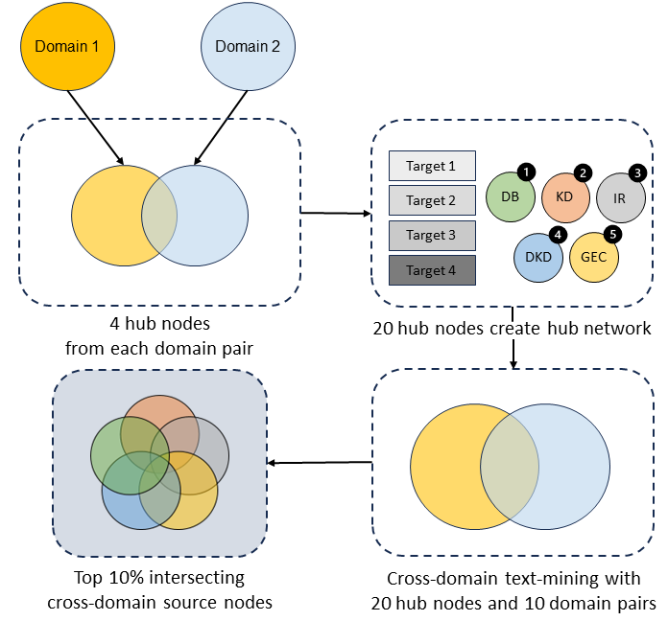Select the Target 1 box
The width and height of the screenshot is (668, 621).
click(x=432, y=166)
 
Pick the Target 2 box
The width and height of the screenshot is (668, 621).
click(x=432, y=200)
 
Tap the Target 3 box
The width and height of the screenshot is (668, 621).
click(x=432, y=235)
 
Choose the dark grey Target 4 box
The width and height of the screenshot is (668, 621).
click(x=432, y=270)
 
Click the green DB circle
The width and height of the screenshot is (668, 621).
click(x=510, y=196)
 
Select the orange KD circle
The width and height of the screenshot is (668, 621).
click(x=565, y=196)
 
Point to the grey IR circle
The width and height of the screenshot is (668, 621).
click(x=621, y=198)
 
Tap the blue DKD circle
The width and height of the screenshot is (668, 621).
click(x=537, y=257)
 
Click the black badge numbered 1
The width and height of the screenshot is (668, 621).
click(x=525, y=172)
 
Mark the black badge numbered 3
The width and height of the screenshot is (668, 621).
click(x=637, y=172)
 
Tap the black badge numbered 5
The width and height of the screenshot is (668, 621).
click(x=613, y=233)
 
